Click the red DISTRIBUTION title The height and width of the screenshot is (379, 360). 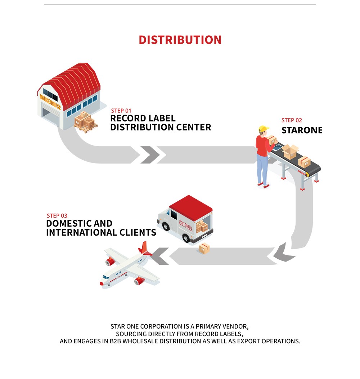coord(180,40)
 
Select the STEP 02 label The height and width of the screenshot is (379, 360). coord(292,120)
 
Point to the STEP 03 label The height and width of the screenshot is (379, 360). coord(57,216)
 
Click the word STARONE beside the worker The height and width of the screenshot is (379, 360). coord(302,130)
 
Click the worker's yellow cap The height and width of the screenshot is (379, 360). coord(264,129)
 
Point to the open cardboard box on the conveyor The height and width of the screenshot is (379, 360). coord(291,151)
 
